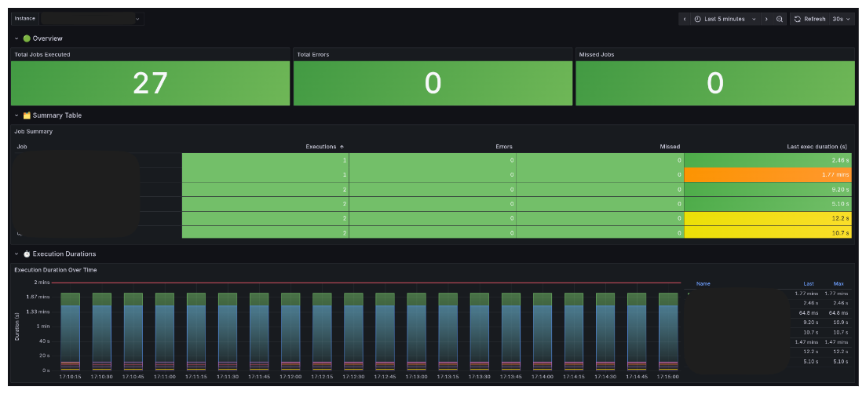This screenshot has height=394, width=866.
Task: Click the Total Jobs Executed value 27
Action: pyautogui.click(x=150, y=83)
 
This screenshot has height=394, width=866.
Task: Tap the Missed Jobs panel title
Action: pyautogui.click(x=596, y=54)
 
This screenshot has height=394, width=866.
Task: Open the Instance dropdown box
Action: pyautogui.click(x=92, y=18)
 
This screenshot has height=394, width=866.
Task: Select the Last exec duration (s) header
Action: pyautogui.click(x=817, y=147)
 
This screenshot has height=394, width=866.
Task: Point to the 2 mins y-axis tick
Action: pyautogui.click(x=42, y=282)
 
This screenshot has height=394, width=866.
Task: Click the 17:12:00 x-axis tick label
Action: pyautogui.click(x=290, y=377)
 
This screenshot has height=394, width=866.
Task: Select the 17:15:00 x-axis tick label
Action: pyautogui.click(x=668, y=377)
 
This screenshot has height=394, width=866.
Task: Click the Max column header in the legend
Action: pyautogui.click(x=839, y=283)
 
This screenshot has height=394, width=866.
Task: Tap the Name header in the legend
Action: pyautogui.click(x=703, y=283)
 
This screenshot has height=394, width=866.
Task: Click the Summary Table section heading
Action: pyautogui.click(x=57, y=115)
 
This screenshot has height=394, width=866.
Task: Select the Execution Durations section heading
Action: pyautogui.click(x=64, y=254)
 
